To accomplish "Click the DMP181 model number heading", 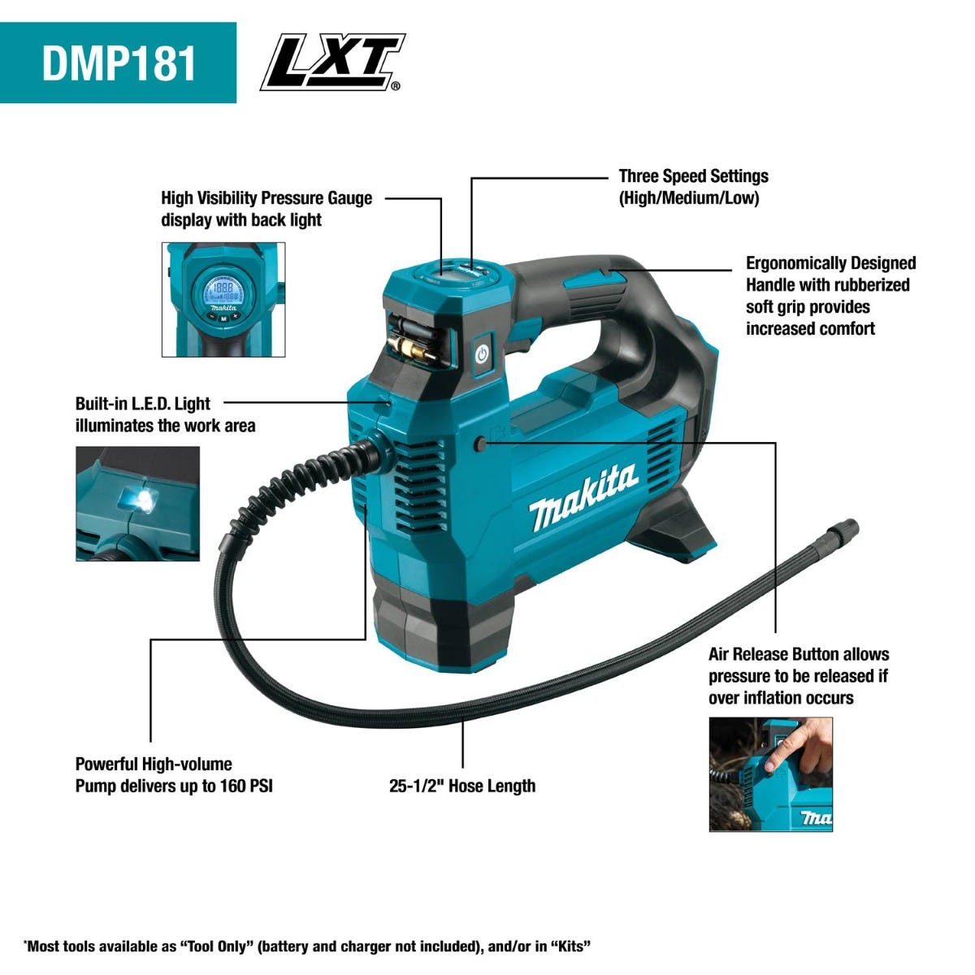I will (x=119, y=63).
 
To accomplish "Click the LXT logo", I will (x=333, y=62).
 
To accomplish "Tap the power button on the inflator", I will (x=482, y=355).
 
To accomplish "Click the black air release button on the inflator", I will (x=482, y=444).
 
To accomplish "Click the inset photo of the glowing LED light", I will (x=137, y=504).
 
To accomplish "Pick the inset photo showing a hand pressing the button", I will (x=770, y=773).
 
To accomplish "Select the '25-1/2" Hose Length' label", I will (x=462, y=786).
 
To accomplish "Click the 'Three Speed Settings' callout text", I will (x=693, y=176).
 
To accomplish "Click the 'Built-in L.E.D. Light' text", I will (x=143, y=404).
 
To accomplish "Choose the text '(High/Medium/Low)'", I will (x=689, y=198).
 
